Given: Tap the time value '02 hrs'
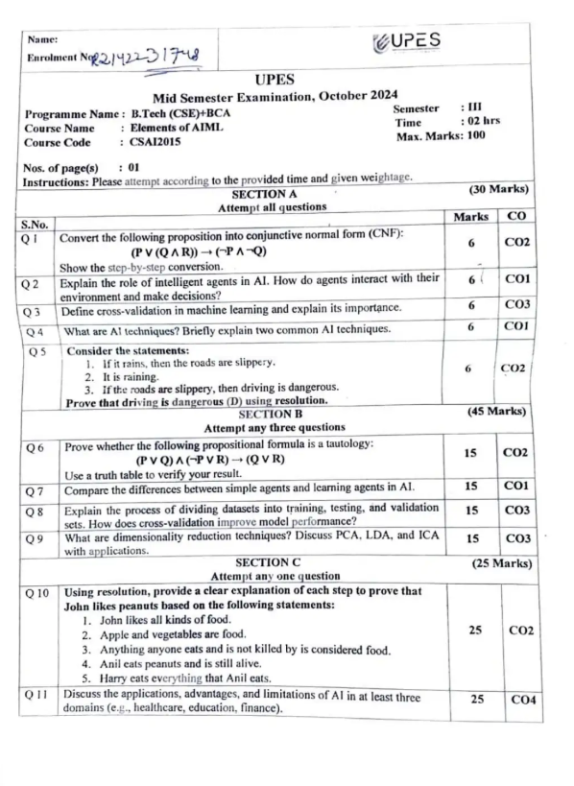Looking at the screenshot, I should click(481, 123).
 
